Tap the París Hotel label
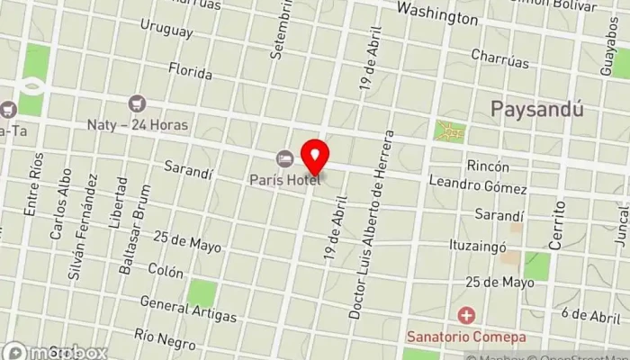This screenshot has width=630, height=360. click(x=285, y=180)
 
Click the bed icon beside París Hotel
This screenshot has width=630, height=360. click(x=285, y=159)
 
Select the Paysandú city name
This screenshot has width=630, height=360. click(x=536, y=109)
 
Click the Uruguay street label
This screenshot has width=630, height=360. click(x=167, y=31)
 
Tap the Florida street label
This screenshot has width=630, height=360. click(x=190, y=71)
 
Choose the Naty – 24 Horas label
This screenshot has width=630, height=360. click(x=138, y=124)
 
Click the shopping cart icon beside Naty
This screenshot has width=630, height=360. click(x=138, y=104)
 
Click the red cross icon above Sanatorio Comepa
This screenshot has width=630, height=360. click(x=466, y=315)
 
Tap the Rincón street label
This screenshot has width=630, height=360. click(x=488, y=166)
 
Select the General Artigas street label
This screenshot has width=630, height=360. click(x=188, y=310)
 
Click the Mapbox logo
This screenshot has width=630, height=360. click(x=54, y=352)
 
